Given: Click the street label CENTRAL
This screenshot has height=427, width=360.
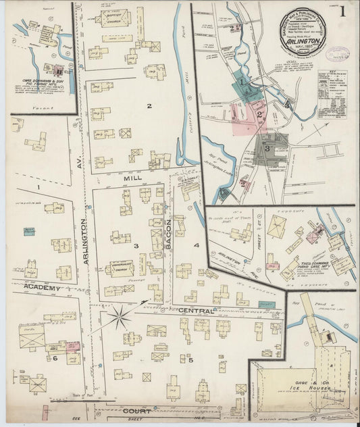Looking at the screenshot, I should point(196,311).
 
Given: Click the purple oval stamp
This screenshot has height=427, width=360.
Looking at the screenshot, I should point(338,53).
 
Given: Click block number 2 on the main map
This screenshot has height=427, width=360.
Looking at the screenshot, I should point(149,105).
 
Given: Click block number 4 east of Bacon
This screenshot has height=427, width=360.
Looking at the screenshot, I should point(196,245).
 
